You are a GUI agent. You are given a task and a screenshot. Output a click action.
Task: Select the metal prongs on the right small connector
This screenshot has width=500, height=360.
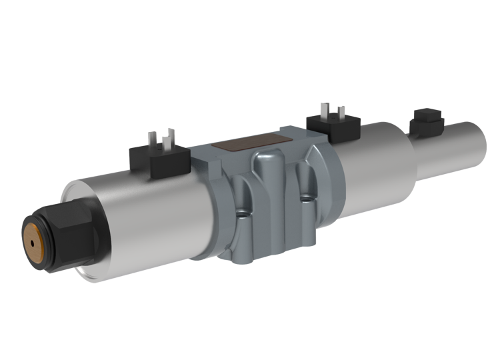(330, 112)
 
